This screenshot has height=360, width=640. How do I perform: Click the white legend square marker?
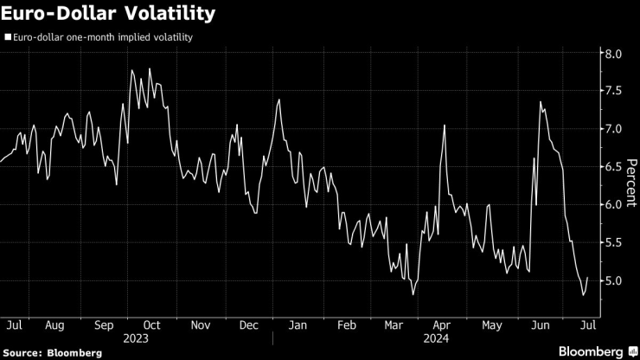pos(8,37)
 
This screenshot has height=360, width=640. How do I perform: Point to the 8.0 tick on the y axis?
pos(613,54)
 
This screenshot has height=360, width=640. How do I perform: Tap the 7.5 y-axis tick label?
pos(613,91)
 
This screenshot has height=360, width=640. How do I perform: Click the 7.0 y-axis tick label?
pos(613,129)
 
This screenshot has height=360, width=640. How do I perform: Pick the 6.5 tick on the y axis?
pos(613,166)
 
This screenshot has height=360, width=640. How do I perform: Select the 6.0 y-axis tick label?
pos(613,204)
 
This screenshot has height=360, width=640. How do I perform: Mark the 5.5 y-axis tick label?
pos(613,242)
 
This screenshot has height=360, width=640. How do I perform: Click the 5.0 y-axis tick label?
pos(613,280)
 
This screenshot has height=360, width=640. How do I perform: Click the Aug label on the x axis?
pos(54,325)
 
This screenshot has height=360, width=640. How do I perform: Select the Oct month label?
pos(152,325)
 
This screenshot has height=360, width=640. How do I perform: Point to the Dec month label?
pos(249,325)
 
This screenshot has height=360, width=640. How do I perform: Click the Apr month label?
pos(442,325)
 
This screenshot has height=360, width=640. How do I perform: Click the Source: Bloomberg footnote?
pos(53,352)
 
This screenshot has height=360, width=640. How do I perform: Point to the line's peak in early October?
pos(150,68)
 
